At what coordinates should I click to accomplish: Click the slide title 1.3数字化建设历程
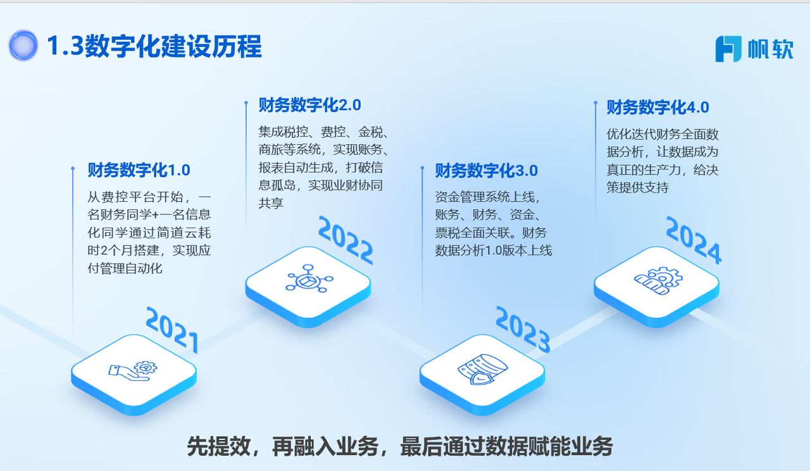tap(154, 46)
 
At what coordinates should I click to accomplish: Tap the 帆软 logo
tap(754, 49)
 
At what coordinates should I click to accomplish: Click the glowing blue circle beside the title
tap(23, 46)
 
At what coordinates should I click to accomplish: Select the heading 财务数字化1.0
tap(139, 170)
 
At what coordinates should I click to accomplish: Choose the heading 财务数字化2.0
tap(310, 105)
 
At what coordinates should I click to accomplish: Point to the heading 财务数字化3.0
tap(487, 171)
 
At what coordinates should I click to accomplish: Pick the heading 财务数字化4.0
tap(657, 107)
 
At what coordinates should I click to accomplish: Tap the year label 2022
tap(346, 240)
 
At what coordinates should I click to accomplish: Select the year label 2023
tap(523, 329)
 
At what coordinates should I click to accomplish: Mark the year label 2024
tap(694, 240)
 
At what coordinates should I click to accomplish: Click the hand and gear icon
tap(133, 370)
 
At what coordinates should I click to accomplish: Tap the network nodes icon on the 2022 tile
tap(309, 278)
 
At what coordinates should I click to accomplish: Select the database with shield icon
tap(483, 369)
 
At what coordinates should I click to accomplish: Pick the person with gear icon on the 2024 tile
tap(658, 281)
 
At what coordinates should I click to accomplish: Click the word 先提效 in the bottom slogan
tap(219, 446)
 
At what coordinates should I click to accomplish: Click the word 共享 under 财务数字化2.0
tap(271, 203)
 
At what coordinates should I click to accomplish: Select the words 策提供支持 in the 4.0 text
tap(637, 188)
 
